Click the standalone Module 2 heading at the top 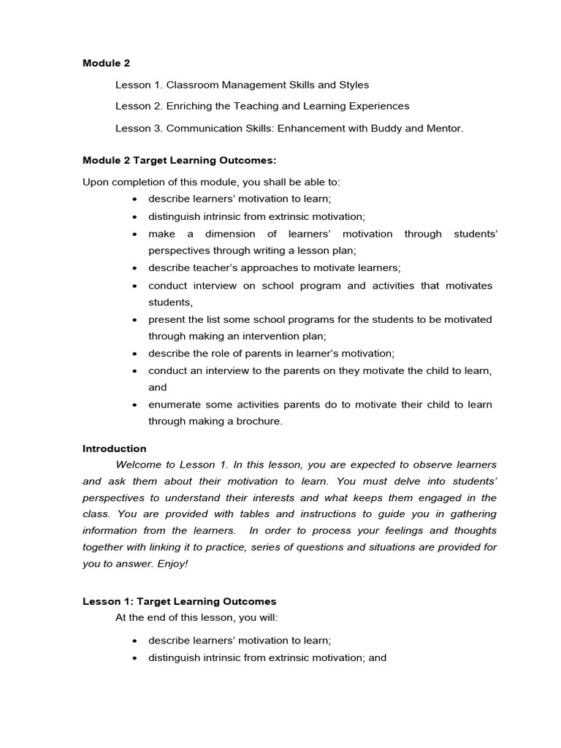pos(106,63)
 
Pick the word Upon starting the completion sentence pos(95,181)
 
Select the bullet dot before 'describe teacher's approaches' pos(135,268)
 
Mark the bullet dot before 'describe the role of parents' pos(135,354)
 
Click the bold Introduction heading pos(115,449)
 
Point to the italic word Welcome pos(137,465)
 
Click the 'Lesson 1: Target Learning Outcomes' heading pos(180,601)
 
